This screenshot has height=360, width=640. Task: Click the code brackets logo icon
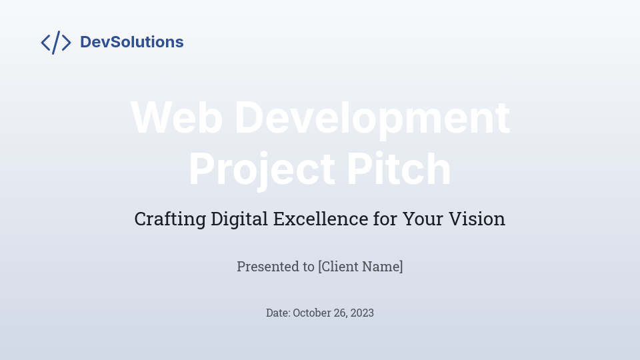pos(56,42)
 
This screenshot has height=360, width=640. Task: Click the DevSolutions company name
pos(131,42)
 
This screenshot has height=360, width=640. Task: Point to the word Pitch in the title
pos(399,169)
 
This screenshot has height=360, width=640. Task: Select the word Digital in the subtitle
pos(239,219)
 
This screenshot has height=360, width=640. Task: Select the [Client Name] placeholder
pos(361,267)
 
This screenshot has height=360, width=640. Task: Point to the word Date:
pos(278,313)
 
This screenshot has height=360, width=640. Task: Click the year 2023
pos(363,313)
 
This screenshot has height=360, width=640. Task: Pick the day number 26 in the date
pos(341,313)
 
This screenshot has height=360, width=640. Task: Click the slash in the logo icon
pos(56,42)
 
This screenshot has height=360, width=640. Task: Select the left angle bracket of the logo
pos(45,43)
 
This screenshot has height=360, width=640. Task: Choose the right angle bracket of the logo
pos(66,43)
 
